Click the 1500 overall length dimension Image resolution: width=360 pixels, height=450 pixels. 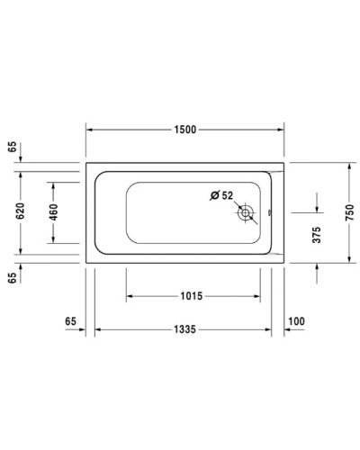(184, 129)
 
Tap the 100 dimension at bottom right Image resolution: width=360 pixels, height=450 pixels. (296, 321)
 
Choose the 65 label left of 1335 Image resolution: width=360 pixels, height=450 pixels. (71, 321)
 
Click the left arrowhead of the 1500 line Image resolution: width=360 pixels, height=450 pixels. (89, 129)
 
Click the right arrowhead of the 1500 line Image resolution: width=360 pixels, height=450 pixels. (283, 129)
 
